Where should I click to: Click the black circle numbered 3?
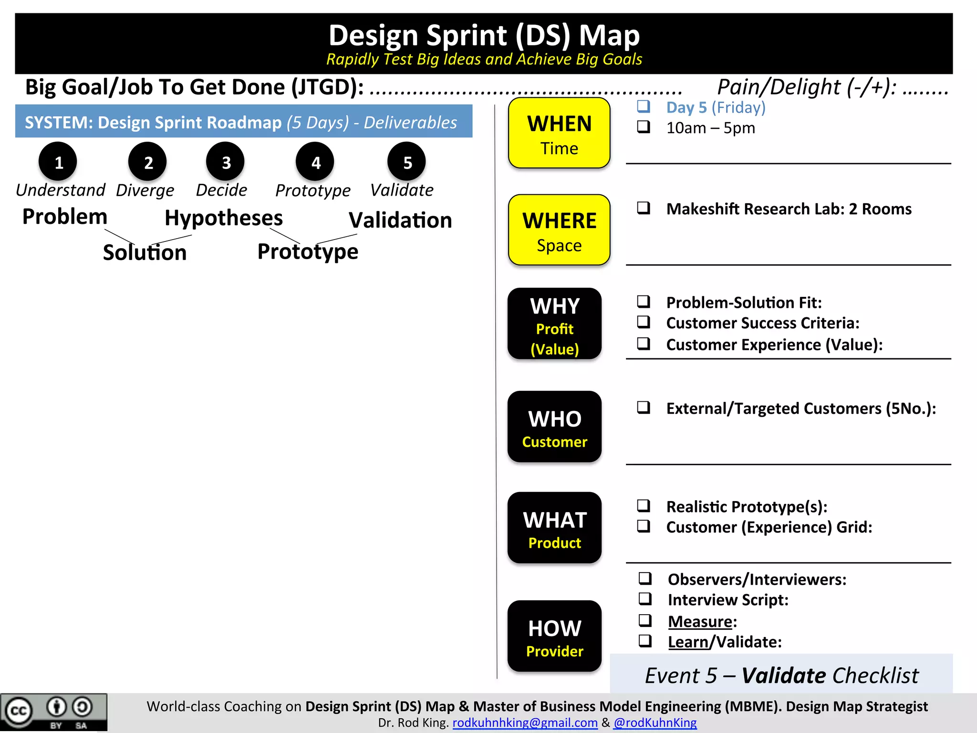225,162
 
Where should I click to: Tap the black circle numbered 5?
406,162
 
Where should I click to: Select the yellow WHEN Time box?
559,133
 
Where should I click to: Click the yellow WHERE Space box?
559,230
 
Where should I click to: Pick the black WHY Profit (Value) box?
554,324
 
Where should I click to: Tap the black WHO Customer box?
554,427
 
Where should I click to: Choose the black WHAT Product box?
554,528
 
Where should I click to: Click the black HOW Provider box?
554,636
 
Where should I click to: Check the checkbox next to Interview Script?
645,598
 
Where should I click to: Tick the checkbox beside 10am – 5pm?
644,127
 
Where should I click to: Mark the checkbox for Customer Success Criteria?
644,322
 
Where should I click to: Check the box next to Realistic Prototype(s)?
644,505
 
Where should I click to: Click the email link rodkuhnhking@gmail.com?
525,723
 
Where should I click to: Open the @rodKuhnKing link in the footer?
655,723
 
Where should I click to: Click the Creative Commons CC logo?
18,711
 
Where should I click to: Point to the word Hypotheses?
224,218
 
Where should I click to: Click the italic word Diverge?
145,190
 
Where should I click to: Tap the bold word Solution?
145,252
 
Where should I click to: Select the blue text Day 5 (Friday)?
716,107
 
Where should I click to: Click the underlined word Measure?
700,621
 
